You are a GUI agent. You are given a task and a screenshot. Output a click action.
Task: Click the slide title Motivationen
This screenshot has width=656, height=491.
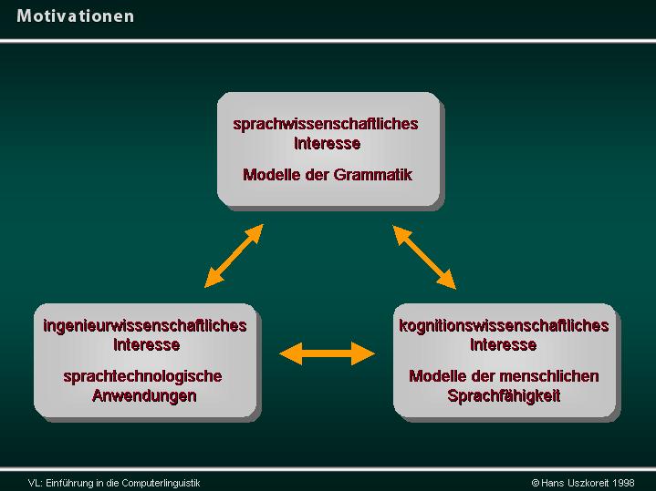click(x=76, y=16)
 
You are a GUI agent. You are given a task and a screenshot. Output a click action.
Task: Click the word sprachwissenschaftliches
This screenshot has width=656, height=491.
click(x=326, y=124)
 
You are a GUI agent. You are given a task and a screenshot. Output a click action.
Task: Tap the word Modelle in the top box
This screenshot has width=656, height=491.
click(x=271, y=175)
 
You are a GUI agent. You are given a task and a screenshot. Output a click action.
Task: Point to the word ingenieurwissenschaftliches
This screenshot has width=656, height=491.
click(x=145, y=326)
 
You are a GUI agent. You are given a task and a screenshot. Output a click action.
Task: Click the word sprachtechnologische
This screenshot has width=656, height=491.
click(x=142, y=376)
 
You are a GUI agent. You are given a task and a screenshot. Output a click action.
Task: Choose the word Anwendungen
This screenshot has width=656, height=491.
click(x=144, y=395)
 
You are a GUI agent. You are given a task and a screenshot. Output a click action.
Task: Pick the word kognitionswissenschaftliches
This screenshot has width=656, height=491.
click(x=504, y=326)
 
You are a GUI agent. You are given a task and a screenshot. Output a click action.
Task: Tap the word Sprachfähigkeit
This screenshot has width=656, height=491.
click(x=504, y=395)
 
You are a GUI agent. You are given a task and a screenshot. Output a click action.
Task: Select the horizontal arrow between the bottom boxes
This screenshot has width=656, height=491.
click(x=327, y=353)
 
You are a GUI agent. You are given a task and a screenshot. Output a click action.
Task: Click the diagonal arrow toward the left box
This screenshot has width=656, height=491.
click(x=234, y=256)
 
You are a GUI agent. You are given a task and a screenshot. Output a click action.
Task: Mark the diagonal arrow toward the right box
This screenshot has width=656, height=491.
click(x=424, y=257)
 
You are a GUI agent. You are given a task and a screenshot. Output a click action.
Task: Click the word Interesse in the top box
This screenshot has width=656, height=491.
click(x=328, y=143)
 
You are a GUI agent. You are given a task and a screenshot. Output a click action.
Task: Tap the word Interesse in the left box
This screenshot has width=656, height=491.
click(x=146, y=344)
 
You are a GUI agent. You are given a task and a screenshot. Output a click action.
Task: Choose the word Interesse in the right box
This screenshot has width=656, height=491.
click(x=504, y=344)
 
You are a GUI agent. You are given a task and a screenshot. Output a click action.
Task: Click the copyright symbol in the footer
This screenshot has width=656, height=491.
click(x=535, y=483)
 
